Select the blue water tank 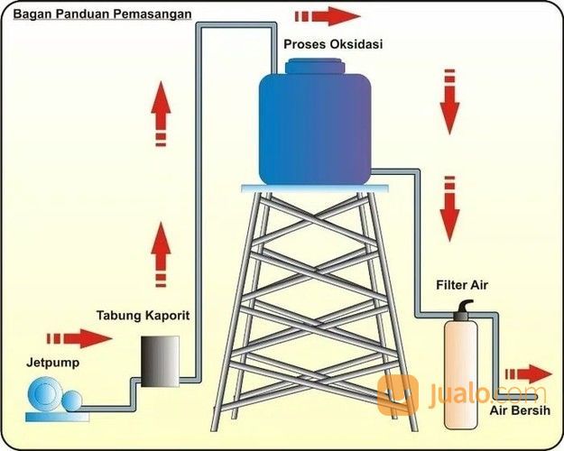tap(314, 126)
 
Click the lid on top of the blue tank tap(314, 66)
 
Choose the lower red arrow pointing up tap(160, 253)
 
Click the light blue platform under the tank tap(315, 187)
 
